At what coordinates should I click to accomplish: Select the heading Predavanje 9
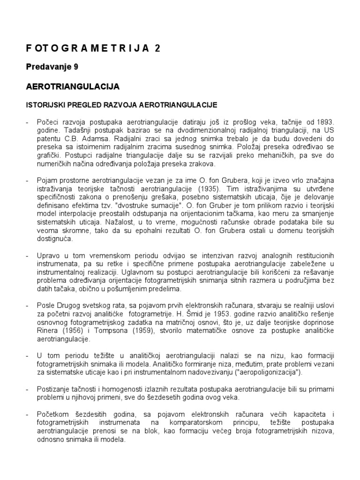click(52, 67)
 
